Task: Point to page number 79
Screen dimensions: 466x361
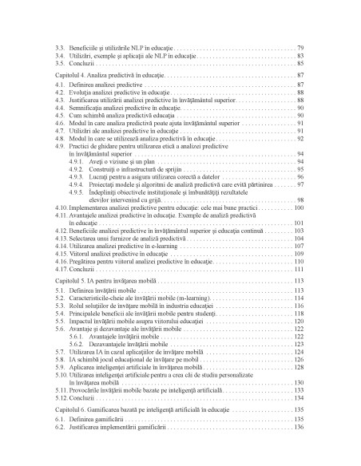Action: pyautogui.click(x=300, y=48)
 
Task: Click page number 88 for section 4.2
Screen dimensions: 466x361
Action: pyautogui.click(x=300, y=93)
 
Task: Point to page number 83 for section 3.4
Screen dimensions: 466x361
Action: pyautogui.click(x=300, y=56)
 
